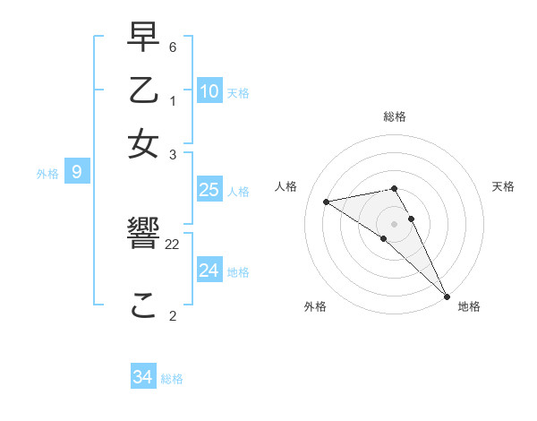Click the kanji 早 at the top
pyautogui.click(x=144, y=39)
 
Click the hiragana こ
pyautogui.click(x=144, y=306)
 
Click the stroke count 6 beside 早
pyautogui.click(x=173, y=46)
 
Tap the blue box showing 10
pyautogui.click(x=209, y=91)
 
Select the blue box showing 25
pyautogui.click(x=209, y=190)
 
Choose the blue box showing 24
pyautogui.click(x=209, y=270)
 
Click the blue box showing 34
pyautogui.click(x=143, y=377)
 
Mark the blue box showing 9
pyautogui.click(x=77, y=173)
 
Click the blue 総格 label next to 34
pyautogui.click(x=172, y=379)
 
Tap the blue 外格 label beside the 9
pyautogui.click(x=47, y=174)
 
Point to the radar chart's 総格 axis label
pyautogui.click(x=395, y=116)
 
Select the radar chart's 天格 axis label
pyautogui.click(x=503, y=186)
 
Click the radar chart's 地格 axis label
pyautogui.click(x=469, y=307)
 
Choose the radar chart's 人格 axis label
pyautogui.click(x=286, y=186)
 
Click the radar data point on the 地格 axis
pyautogui.click(x=447, y=296)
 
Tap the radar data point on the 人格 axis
pyautogui.click(x=327, y=202)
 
